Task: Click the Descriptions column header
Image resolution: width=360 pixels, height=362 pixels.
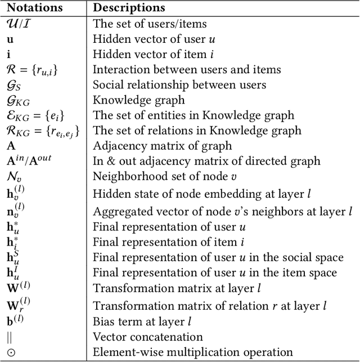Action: (129, 8)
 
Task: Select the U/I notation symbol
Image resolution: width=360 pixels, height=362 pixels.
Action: (21, 24)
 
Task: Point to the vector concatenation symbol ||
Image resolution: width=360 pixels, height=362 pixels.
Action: (10, 337)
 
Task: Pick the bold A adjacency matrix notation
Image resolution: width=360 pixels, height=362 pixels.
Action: (11, 146)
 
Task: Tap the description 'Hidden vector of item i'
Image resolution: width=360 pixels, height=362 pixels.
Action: (143, 55)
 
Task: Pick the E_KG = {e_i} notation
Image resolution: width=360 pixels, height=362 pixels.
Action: (33, 116)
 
